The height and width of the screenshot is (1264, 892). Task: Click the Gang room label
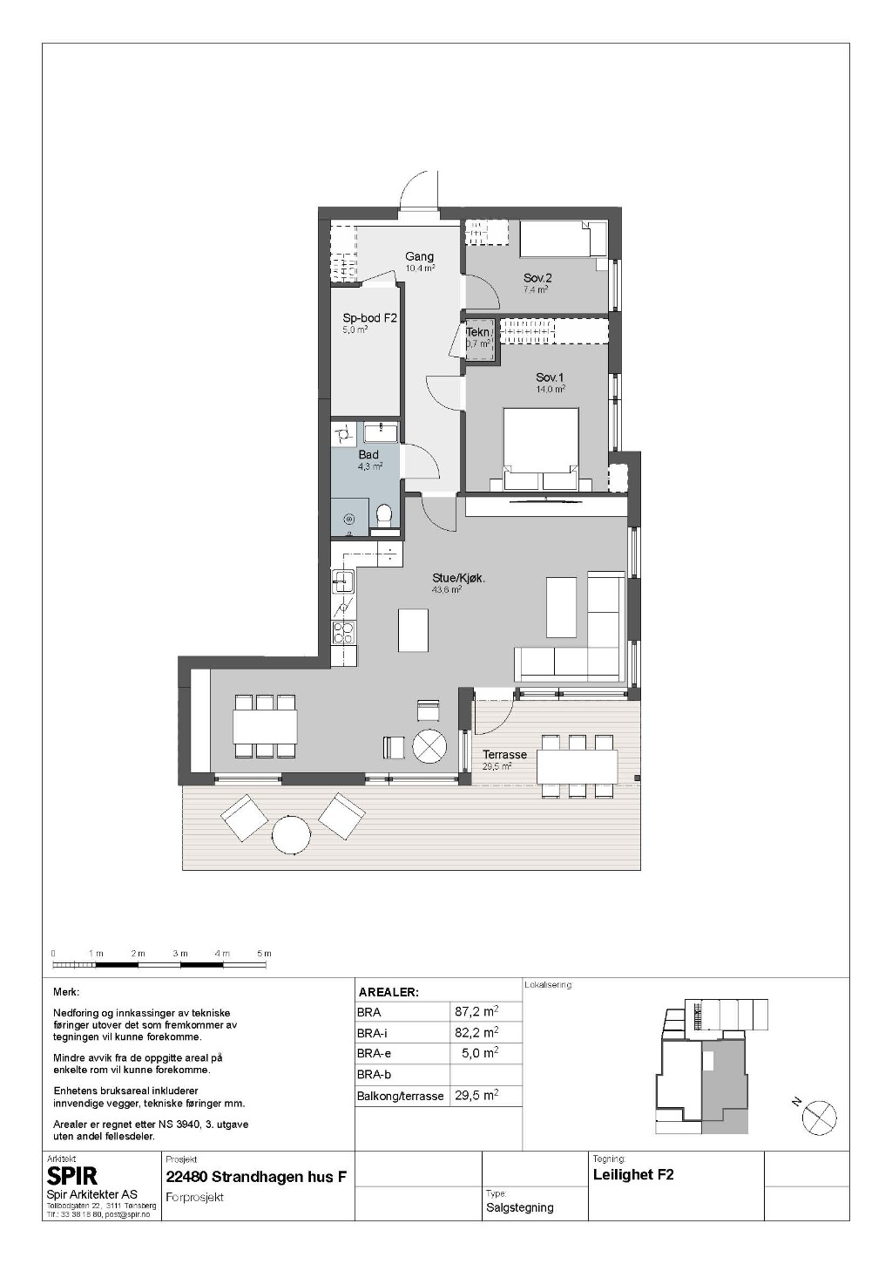click(x=419, y=257)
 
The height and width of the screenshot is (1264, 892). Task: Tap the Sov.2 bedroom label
click(x=537, y=277)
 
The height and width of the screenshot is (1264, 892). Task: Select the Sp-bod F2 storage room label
click(x=369, y=318)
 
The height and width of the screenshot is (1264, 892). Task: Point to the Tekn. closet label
click(x=478, y=332)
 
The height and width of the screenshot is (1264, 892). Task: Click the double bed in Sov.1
click(x=541, y=449)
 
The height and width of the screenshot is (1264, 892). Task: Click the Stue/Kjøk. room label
click(x=458, y=578)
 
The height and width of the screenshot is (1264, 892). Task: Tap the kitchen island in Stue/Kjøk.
click(x=413, y=629)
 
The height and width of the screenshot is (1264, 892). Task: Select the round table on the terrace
click(x=290, y=835)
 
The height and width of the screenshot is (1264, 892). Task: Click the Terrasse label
click(x=504, y=754)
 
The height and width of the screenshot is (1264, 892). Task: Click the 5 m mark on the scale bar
click(x=264, y=953)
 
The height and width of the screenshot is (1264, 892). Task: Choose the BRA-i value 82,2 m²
click(x=476, y=1033)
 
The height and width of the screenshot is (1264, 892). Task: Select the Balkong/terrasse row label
click(x=401, y=1096)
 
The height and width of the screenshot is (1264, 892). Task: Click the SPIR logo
click(x=72, y=1176)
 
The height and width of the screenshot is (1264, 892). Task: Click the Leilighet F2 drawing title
click(x=633, y=1175)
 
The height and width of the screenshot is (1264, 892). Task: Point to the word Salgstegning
click(x=520, y=1207)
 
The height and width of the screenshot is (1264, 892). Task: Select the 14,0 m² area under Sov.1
click(x=551, y=389)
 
